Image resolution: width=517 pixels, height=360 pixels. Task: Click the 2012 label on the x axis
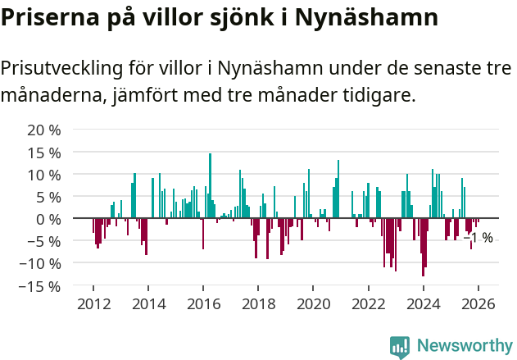coord(93,304)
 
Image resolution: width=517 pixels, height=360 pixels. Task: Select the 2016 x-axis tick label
coord(203,304)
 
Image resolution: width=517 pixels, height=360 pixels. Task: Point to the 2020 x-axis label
coord(313,304)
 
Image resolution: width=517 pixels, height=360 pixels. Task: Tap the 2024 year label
coord(424,304)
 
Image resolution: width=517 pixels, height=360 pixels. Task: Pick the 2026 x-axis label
coord(478,304)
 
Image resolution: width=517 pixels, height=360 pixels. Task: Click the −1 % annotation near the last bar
coord(478,238)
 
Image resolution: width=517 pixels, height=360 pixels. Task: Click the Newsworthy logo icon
coord(400,346)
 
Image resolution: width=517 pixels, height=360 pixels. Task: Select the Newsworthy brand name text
coord(464,346)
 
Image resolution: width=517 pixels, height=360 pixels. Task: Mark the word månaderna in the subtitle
coord(52,96)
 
